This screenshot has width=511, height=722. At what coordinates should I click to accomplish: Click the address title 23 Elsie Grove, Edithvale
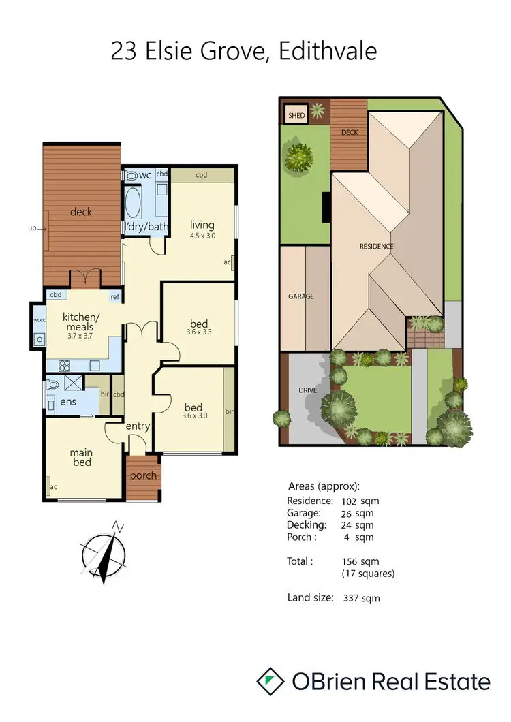[243, 52]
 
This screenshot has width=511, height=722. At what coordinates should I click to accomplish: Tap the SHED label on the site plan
[296, 116]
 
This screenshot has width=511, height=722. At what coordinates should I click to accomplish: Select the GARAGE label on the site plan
[300, 296]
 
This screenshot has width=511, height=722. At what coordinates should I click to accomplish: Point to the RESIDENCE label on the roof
[377, 247]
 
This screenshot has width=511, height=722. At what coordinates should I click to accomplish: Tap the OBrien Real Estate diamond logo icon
[270, 682]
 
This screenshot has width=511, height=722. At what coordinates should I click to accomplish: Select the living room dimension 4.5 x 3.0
[202, 236]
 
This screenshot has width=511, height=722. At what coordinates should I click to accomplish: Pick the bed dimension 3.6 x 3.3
[199, 332]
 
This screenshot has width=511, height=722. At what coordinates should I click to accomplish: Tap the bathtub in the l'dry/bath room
[133, 202]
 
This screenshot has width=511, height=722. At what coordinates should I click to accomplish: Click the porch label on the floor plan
[142, 475]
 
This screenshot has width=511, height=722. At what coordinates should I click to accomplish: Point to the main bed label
[81, 458]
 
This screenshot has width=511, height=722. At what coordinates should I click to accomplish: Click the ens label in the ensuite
[68, 402]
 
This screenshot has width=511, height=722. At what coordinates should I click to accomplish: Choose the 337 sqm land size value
[360, 598]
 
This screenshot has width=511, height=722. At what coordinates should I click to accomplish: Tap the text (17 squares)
[367, 574]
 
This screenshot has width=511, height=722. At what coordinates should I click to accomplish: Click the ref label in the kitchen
[114, 296]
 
